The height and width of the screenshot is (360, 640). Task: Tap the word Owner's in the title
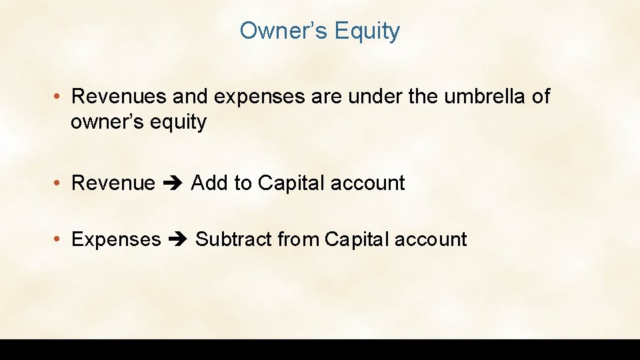click(283, 31)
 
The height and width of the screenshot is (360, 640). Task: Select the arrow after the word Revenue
click(173, 183)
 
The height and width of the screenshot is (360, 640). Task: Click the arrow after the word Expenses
click(178, 240)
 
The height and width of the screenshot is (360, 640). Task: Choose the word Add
click(209, 183)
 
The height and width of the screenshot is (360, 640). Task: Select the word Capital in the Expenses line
click(356, 240)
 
